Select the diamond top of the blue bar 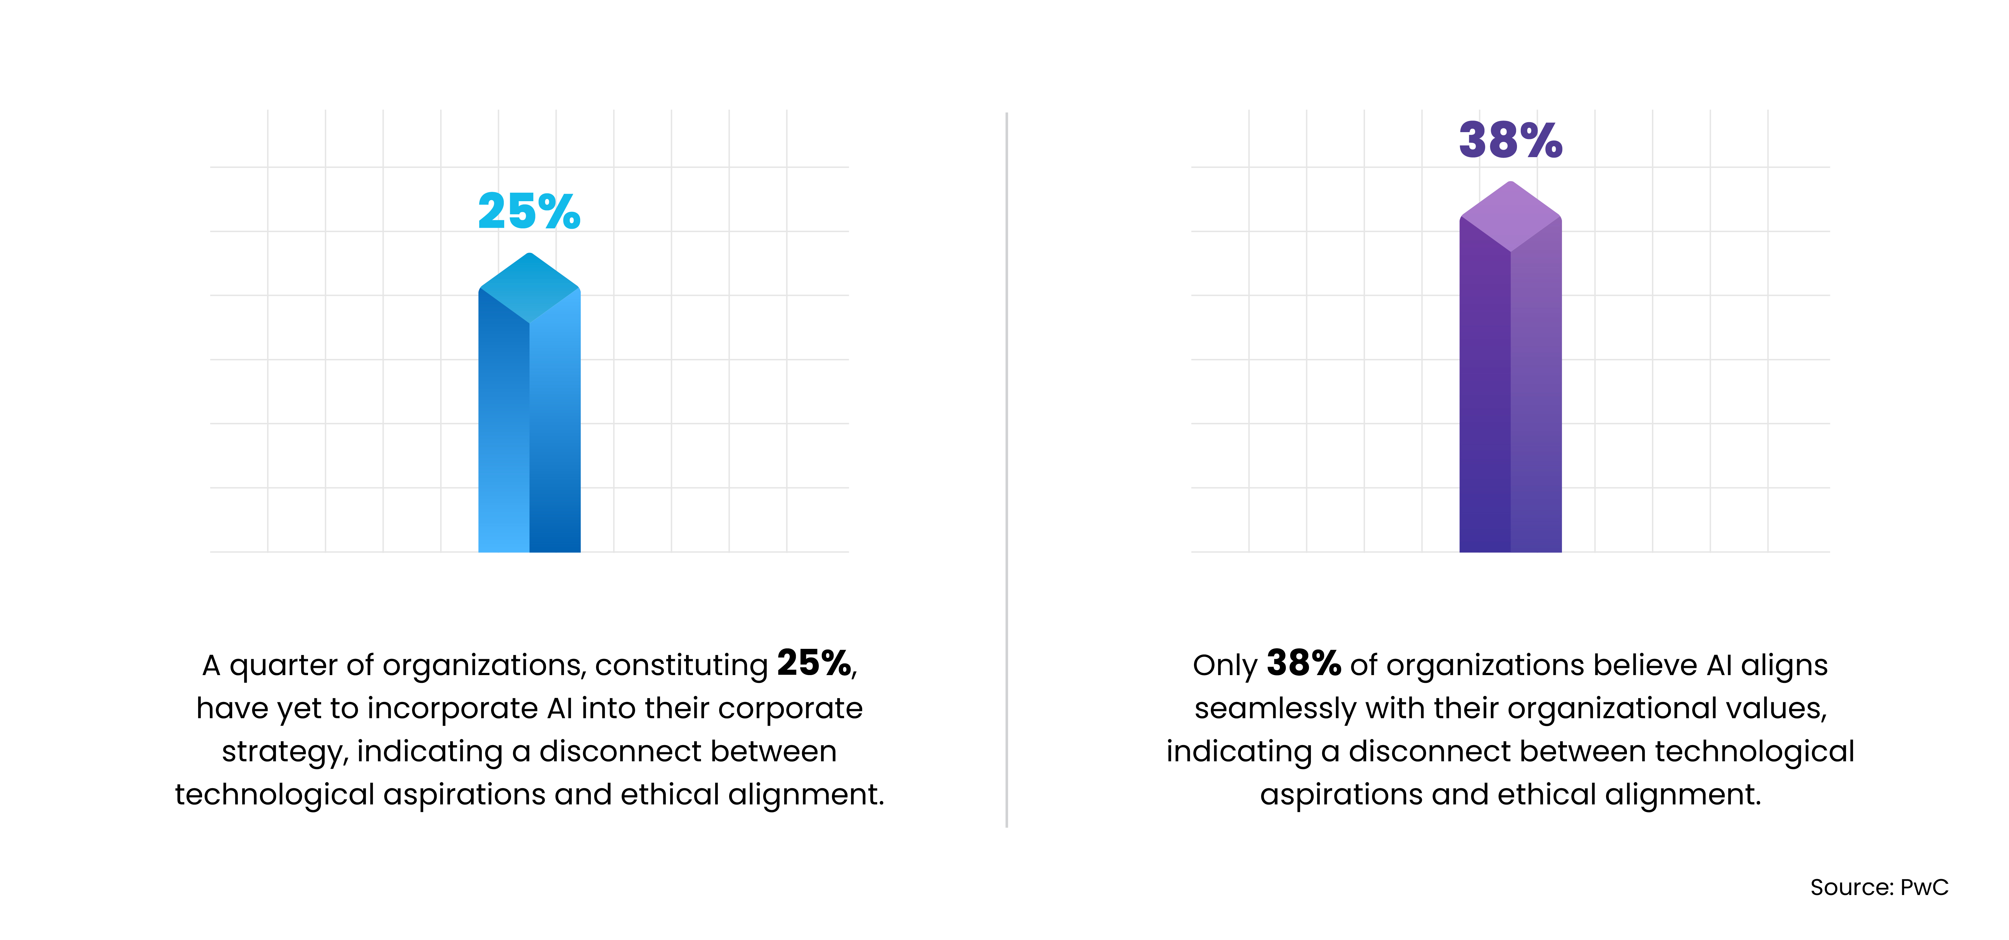tap(529, 287)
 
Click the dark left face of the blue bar tap(503, 429)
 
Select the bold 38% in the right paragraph tap(1303, 664)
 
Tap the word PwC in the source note tap(1924, 887)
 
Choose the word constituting tap(681, 665)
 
